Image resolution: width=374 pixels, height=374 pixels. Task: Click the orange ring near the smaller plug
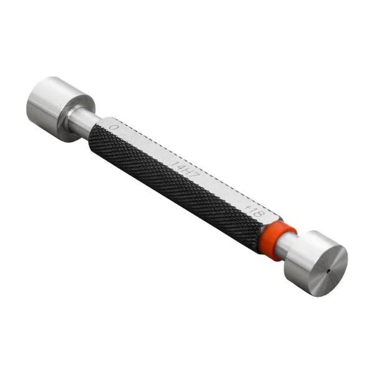click(x=278, y=240)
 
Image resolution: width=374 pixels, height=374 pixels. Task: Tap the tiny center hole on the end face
click(x=329, y=271)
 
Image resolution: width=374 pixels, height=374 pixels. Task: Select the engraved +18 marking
click(x=256, y=211)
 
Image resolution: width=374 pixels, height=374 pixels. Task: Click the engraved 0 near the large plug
click(x=113, y=127)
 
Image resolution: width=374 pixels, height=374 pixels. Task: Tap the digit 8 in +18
click(x=261, y=213)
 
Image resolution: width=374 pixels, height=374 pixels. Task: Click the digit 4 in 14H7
click(x=180, y=167)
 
